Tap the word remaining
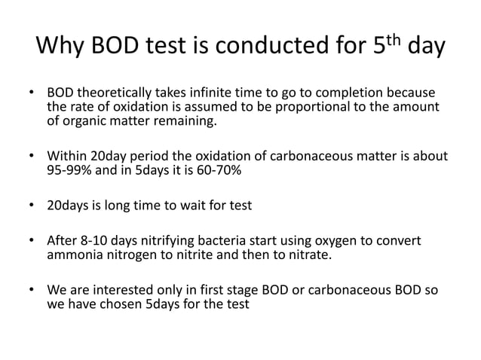(182, 124)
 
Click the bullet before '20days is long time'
(32, 204)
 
